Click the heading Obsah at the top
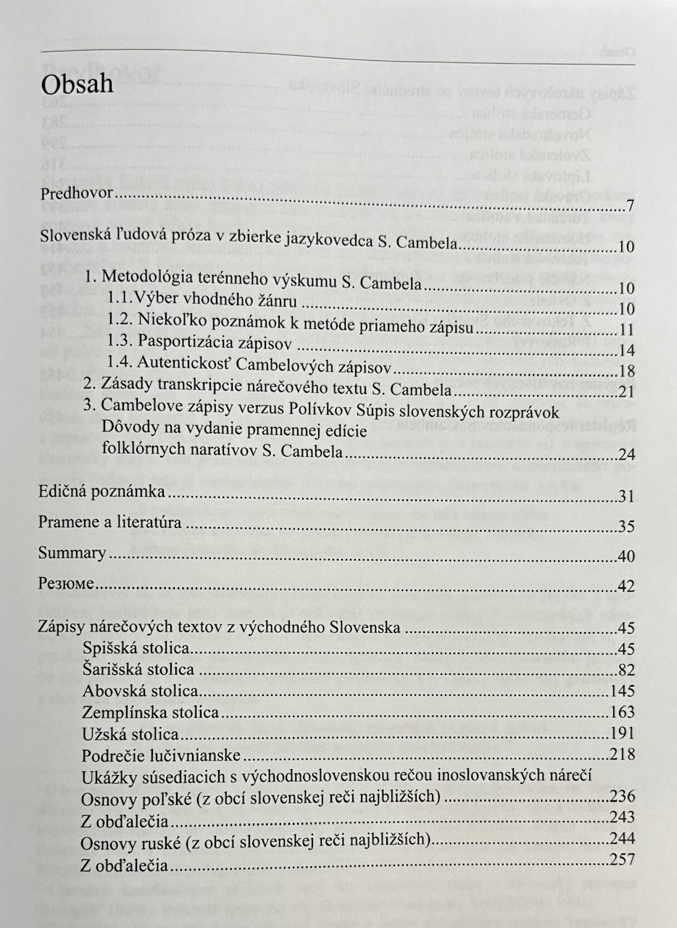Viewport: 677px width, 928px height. [x=78, y=84]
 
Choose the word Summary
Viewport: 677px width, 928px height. [x=72, y=553]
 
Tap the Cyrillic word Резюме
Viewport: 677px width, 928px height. [x=66, y=584]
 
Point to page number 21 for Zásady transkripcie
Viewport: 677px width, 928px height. [x=627, y=392]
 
